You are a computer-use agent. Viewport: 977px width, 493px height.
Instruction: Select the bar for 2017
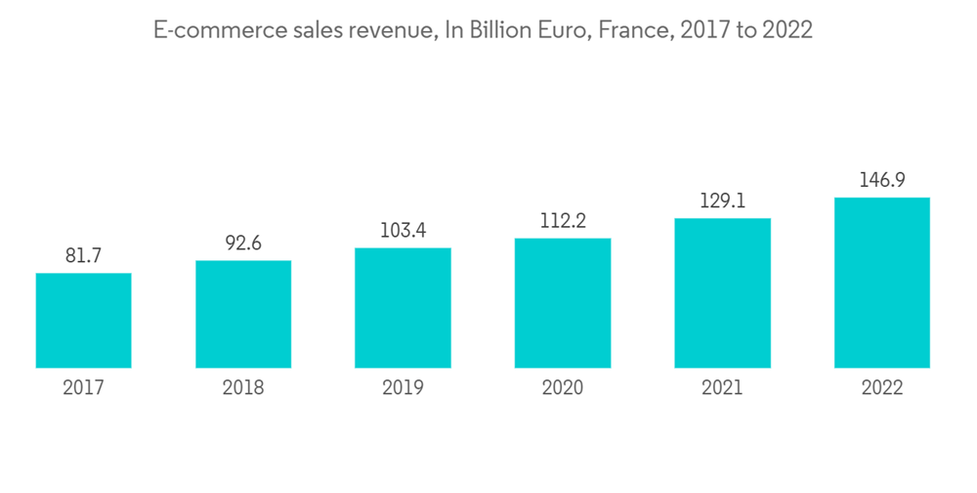(83, 321)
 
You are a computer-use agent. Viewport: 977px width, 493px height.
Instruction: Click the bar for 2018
(243, 314)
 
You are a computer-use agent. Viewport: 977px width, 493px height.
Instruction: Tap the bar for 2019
(403, 308)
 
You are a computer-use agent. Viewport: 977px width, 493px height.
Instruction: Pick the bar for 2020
(563, 303)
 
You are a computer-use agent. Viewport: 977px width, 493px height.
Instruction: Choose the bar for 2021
(722, 293)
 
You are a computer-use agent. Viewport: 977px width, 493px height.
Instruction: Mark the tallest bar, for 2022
(882, 283)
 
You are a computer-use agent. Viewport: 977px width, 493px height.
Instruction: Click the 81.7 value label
(83, 256)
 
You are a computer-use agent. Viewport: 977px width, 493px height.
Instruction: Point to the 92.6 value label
(243, 244)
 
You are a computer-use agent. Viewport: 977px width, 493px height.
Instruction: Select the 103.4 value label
(403, 231)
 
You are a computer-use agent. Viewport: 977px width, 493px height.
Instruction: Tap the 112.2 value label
(563, 221)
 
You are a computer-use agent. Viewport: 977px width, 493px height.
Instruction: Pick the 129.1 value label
(722, 201)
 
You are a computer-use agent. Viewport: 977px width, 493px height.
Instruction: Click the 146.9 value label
(882, 180)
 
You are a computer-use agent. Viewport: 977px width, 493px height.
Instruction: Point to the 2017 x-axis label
(83, 388)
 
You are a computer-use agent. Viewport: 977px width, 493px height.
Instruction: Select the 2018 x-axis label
(243, 388)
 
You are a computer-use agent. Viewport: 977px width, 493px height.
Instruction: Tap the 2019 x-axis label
(403, 388)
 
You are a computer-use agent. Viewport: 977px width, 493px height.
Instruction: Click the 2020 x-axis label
(563, 388)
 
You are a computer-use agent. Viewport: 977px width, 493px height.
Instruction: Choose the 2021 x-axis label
(722, 388)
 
